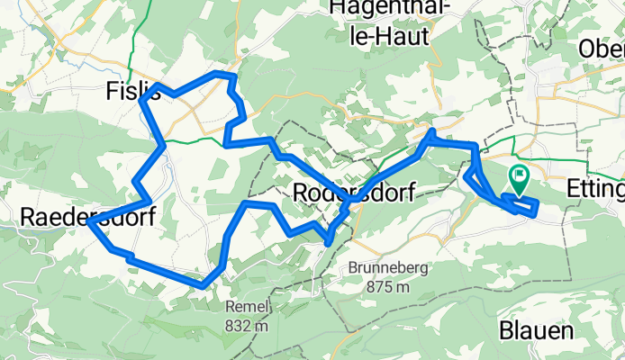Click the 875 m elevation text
pos(390,288)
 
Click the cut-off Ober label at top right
pos(602,49)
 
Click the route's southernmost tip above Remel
pos(204,287)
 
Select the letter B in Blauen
pos(506,331)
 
